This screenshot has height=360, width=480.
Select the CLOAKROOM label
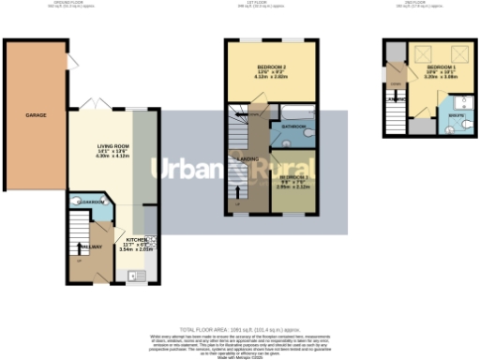coord(92,201)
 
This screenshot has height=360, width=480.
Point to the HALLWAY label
coord(90,247)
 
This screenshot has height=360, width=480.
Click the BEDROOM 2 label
coord(271,67)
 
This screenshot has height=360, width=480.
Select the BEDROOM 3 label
coord(292,177)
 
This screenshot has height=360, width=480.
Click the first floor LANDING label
coord(248,159)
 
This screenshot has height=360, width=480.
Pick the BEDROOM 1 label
coord(441,68)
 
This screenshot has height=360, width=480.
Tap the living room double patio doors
coord(92,103)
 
